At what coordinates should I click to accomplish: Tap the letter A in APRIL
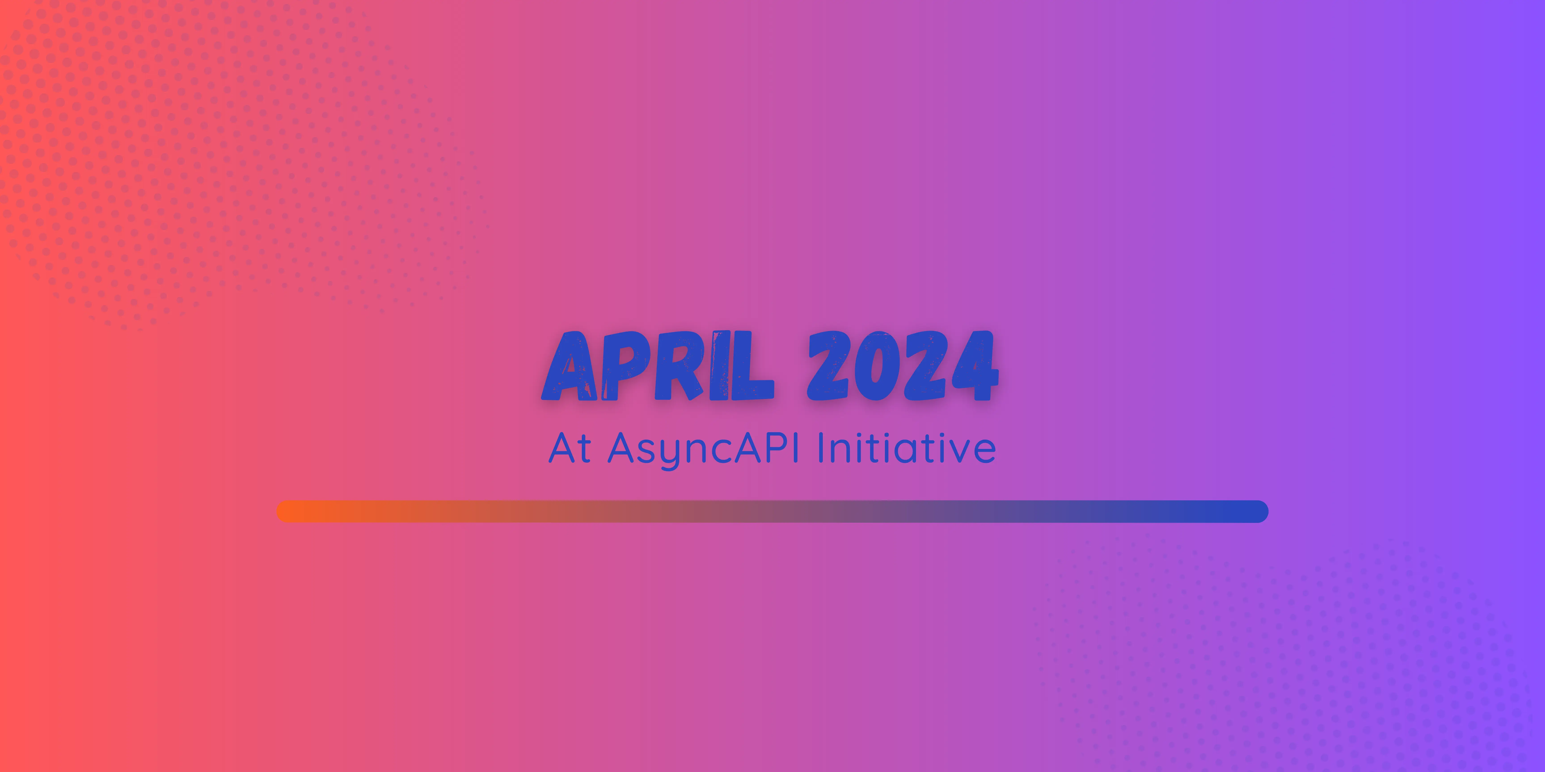coord(570,366)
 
